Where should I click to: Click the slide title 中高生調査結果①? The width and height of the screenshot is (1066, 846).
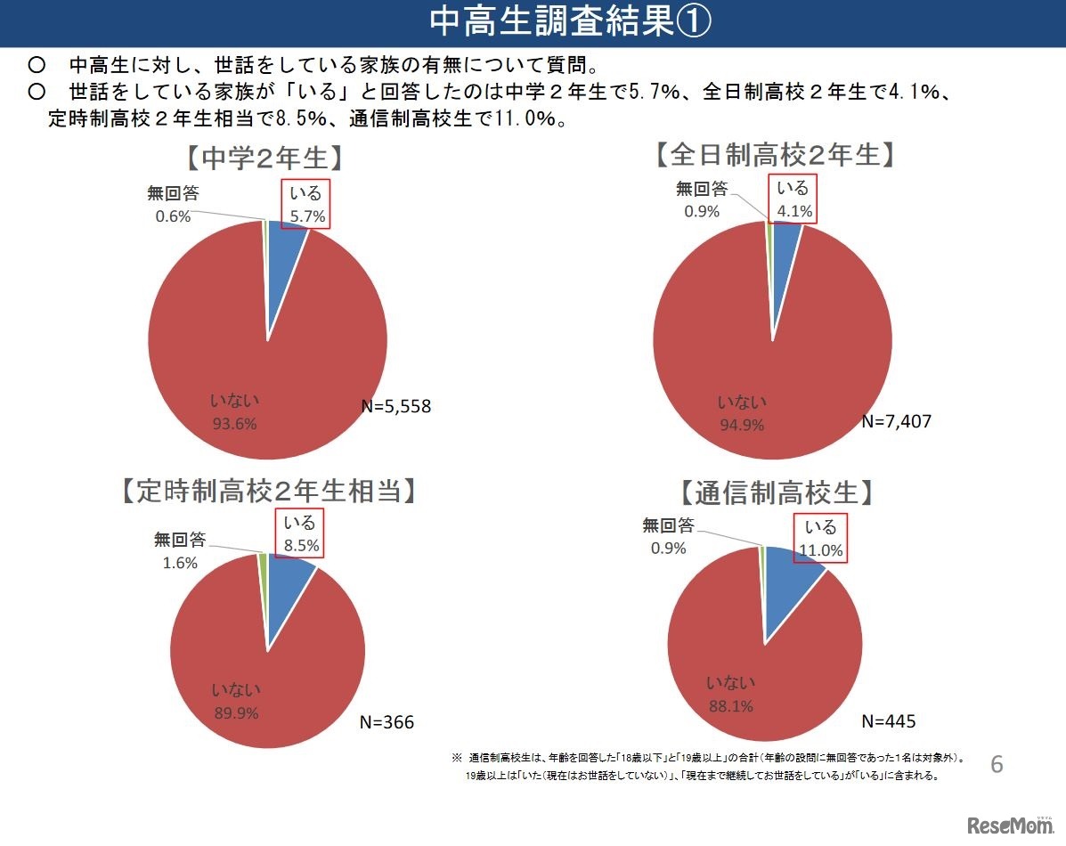[570, 22]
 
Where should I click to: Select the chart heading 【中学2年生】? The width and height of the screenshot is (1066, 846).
[264, 158]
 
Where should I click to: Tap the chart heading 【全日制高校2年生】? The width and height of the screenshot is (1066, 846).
[774, 155]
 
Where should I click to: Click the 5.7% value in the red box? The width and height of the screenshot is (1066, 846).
[307, 216]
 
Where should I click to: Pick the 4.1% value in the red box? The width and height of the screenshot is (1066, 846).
[793, 211]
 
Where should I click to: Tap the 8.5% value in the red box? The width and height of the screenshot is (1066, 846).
[300, 545]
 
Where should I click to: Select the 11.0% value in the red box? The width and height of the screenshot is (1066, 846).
[819, 550]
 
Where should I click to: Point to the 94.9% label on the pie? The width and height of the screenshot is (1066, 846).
[742, 425]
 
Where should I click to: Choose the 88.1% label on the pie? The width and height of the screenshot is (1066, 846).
[730, 706]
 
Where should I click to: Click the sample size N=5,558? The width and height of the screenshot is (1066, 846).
[395, 407]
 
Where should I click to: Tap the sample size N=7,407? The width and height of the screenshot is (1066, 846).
[896, 420]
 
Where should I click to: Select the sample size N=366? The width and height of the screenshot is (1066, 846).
[387, 721]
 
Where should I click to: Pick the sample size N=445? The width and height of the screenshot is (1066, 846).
[888, 720]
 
